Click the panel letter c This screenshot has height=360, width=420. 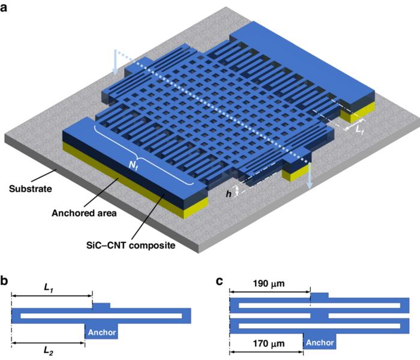pos(220,279)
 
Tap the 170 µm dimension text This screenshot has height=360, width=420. pos(266,344)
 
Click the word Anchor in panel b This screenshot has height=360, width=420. pos(101,331)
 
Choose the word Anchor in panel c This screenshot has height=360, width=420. pos(319,342)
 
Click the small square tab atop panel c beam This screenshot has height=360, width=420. pos(320,296)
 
